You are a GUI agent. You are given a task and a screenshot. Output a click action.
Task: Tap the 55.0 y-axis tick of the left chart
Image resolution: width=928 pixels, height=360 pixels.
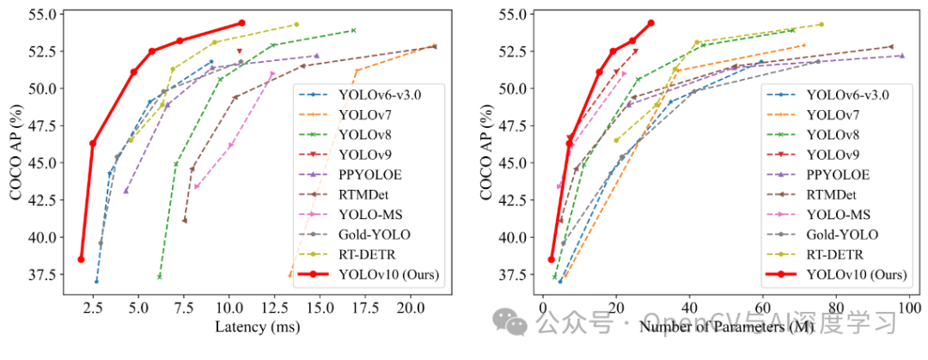pos(43,15)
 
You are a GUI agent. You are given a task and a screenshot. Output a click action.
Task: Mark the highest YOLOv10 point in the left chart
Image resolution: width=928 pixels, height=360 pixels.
pos(241,23)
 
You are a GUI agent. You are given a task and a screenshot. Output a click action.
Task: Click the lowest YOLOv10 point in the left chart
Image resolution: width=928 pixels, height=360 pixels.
pos(81,259)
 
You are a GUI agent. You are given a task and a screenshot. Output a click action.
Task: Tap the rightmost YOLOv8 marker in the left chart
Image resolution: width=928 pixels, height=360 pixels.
pos(353,30)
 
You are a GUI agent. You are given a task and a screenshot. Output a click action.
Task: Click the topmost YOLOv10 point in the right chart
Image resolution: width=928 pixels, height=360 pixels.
pos(650,23)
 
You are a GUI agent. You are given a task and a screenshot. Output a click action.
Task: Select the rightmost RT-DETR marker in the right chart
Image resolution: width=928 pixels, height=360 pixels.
pos(821,24)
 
